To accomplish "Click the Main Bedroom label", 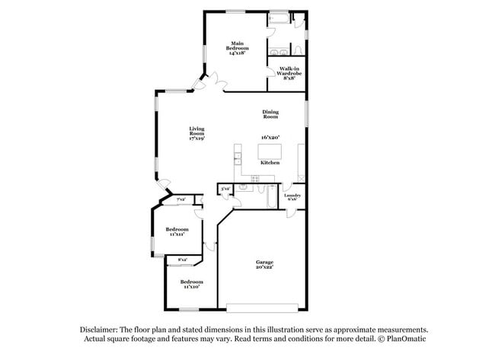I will tap(239, 48).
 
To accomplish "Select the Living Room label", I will tap(196, 134).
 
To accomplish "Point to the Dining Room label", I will tap(270, 114).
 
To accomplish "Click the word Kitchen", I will tap(270, 163).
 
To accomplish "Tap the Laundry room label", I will tap(293, 196).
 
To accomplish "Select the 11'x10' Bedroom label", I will tap(190, 285).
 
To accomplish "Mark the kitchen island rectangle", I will tap(270, 152).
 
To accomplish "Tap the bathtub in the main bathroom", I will tap(279, 19).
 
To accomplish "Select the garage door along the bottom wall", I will tap(264, 308).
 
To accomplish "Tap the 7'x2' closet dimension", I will tap(180, 199).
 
